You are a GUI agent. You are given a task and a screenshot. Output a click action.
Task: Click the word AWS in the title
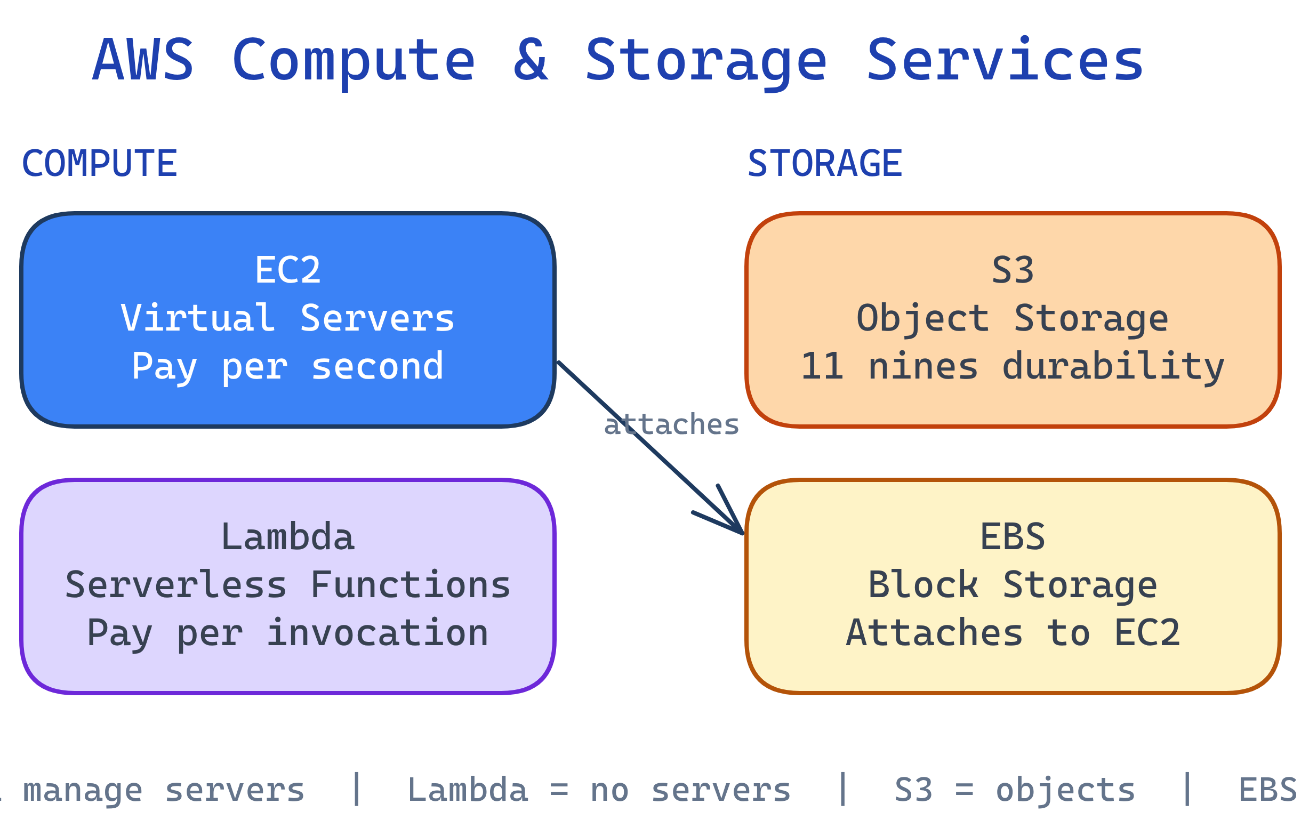[143, 60]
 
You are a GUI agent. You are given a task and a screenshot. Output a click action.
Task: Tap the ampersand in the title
[531, 60]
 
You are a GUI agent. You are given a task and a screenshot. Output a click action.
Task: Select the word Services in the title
[1004, 60]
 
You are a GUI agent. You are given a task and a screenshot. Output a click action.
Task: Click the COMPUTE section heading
[100, 163]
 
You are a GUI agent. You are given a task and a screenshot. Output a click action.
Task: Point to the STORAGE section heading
[824, 163]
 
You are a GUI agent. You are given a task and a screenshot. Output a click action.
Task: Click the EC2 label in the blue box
[288, 270]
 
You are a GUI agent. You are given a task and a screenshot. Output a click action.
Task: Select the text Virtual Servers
[288, 318]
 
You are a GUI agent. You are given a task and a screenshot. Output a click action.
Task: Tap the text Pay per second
[288, 366]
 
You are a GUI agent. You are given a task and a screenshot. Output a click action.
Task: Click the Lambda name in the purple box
[288, 537]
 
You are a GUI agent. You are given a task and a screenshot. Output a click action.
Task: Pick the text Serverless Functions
[288, 585]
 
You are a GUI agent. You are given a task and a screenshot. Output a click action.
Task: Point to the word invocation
[377, 633]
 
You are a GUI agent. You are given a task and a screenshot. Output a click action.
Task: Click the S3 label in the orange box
[1012, 270]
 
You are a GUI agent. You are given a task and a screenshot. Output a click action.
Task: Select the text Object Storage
[1012, 318]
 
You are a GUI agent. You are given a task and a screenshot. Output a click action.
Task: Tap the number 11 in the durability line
[822, 366]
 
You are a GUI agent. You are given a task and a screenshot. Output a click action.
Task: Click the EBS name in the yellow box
[1012, 537]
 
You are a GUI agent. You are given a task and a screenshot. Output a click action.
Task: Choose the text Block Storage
[1012, 585]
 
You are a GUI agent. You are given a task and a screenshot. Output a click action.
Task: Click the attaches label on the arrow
[671, 424]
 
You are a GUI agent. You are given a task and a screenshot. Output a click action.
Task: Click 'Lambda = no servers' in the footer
[599, 790]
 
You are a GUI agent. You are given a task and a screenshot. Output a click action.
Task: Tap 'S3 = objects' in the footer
[1015, 790]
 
